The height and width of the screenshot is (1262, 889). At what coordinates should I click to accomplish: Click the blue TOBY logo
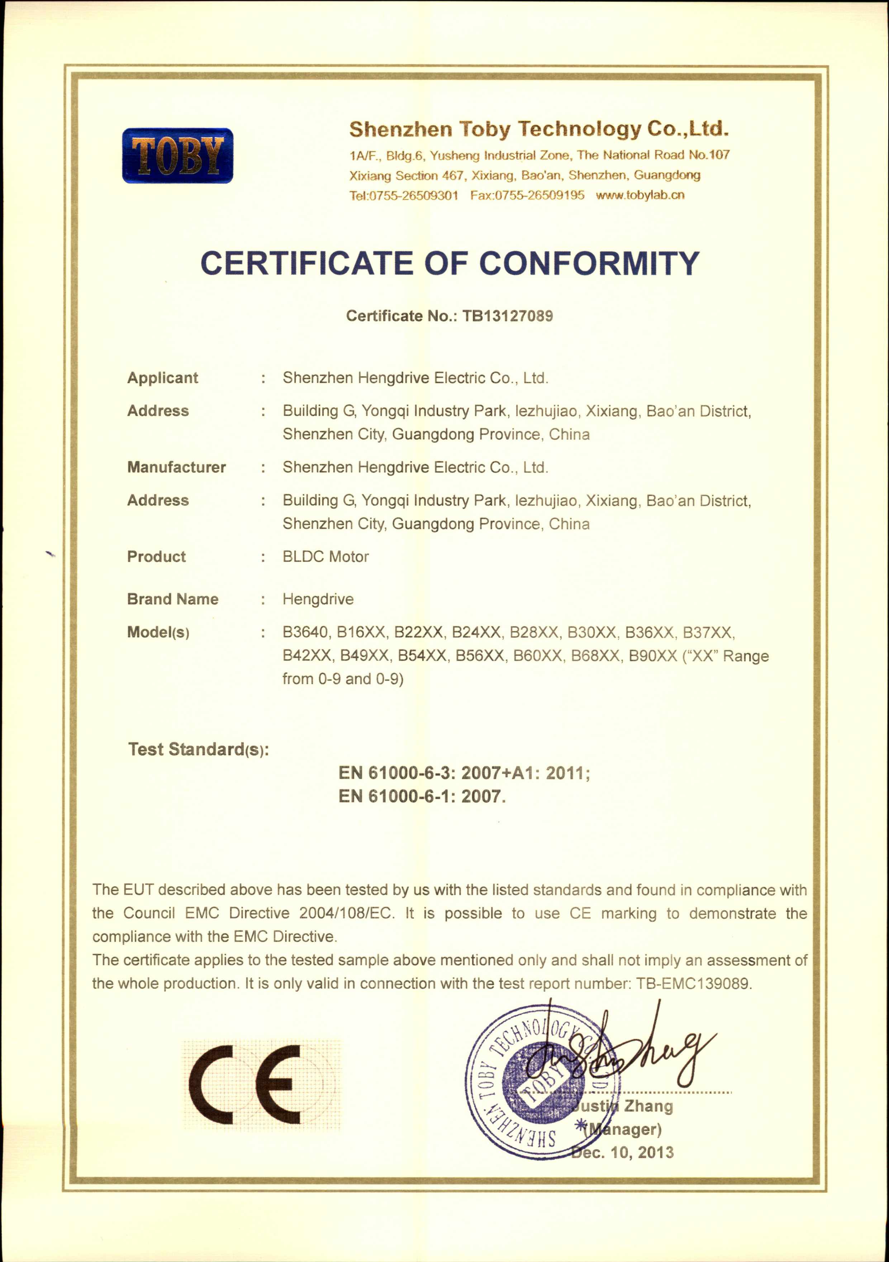point(177,156)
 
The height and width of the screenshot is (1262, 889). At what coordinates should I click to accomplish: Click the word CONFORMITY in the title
point(589,263)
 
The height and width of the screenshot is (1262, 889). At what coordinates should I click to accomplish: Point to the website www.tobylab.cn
point(640,195)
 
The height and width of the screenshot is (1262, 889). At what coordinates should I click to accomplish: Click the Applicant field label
point(162,378)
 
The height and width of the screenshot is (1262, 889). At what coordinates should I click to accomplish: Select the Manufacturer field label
point(176,467)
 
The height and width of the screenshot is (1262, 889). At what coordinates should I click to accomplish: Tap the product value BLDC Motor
point(325,557)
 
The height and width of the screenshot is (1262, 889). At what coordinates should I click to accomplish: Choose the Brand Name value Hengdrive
point(318,599)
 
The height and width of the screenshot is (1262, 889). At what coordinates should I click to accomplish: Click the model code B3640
point(305,633)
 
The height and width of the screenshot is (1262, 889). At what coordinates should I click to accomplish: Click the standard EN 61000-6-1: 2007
point(422,796)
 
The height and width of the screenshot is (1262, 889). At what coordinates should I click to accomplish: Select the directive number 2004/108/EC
point(346,914)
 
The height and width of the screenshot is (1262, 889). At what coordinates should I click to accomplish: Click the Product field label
point(156,557)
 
